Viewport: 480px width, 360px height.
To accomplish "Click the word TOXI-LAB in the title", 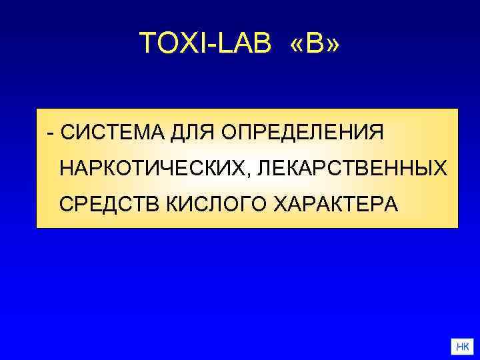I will (207, 44).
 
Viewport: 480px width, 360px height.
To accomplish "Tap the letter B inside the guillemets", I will (315, 44).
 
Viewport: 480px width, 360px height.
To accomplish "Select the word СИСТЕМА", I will (113, 132).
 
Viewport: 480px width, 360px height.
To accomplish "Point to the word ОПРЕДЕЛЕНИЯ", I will (303, 132).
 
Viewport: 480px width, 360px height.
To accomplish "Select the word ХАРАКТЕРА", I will (337, 203).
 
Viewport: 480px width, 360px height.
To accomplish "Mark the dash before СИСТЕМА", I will (51, 133).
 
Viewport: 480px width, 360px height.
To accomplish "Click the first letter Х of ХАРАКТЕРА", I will (280, 203).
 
